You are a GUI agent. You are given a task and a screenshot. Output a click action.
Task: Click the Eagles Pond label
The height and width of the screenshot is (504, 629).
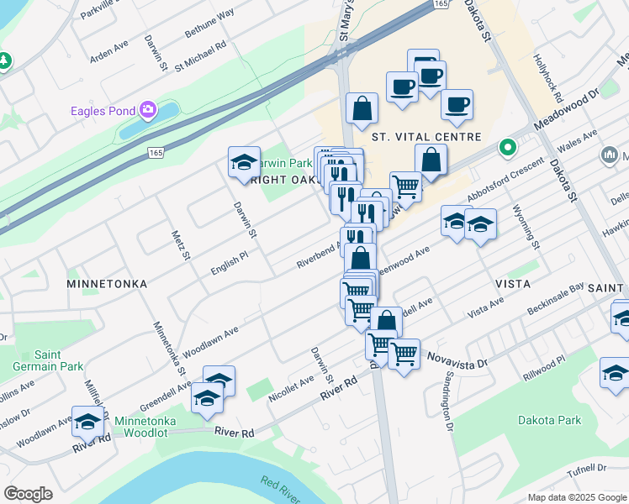pos(103,110)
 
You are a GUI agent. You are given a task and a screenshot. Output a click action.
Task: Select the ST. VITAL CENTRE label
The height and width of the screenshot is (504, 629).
pos(425,137)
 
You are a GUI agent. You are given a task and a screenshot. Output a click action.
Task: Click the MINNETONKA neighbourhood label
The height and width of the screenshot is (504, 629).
pos(107,285)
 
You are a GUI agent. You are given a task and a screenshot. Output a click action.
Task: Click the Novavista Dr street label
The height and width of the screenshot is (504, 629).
pos(457,359)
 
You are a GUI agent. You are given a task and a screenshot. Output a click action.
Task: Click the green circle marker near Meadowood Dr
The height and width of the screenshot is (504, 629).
pos(507,148)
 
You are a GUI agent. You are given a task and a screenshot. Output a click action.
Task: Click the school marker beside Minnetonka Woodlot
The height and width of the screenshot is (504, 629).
pos(206,398)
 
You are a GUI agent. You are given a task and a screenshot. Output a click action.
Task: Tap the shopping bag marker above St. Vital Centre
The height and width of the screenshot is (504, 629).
pos(362,108)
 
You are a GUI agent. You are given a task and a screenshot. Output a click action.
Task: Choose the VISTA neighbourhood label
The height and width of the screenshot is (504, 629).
pos(512,284)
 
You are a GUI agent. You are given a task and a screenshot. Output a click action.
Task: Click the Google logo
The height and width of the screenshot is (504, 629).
pos(29,494)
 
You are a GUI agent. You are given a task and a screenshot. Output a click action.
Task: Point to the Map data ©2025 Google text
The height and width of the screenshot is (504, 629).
pos(576,497)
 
